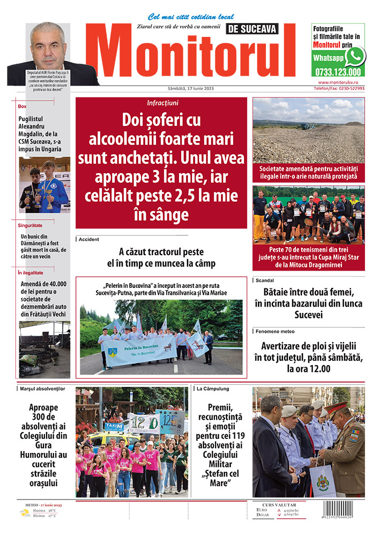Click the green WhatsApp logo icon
354,56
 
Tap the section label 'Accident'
89,239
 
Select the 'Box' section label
22,106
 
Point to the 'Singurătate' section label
30,225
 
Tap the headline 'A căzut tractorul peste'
161,251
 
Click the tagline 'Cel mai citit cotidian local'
191,17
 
